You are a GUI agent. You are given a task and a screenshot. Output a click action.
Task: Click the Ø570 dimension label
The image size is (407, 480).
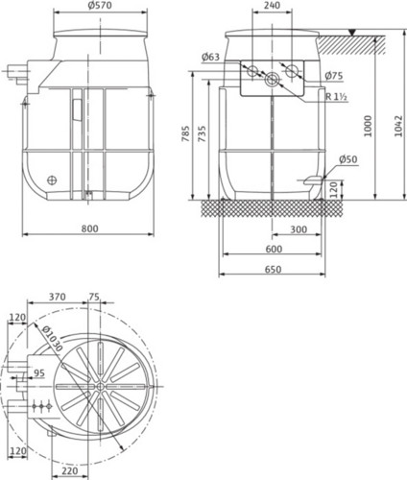pos(100,6)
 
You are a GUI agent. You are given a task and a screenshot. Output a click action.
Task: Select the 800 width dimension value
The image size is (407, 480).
pos(90,228)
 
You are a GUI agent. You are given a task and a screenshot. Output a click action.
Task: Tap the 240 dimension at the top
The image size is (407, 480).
pos(273,5)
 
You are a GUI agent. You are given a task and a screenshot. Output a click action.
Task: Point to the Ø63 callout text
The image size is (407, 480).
pos(210,57)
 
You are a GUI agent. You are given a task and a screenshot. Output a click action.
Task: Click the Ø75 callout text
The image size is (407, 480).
pos(334,76)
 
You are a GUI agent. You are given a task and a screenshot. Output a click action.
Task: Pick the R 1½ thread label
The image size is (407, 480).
pos(336,96)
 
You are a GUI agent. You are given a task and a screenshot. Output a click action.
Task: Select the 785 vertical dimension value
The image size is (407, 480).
pos(185,133)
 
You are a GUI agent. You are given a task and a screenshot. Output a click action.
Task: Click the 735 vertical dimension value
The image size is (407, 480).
pos(202,133)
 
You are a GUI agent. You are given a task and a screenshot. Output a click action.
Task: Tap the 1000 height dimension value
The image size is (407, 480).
pos(368,126)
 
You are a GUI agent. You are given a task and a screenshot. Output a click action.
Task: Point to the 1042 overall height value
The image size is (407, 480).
pos(397,126)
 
